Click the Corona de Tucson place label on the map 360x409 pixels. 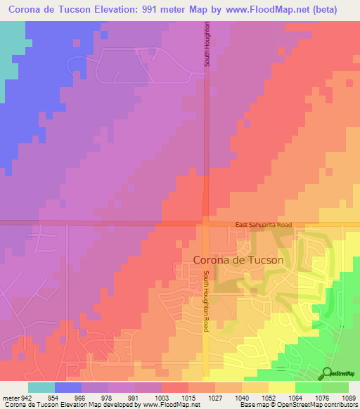[238, 259]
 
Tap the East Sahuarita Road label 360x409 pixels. [263, 224]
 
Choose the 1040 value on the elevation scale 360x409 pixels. [241, 397]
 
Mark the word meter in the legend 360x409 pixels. [11, 397]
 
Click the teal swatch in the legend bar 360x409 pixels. [41, 387]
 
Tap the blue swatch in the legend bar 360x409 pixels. [68, 387]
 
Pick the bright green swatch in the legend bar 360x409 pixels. [308, 387]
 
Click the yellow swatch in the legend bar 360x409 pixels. [281, 387]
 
